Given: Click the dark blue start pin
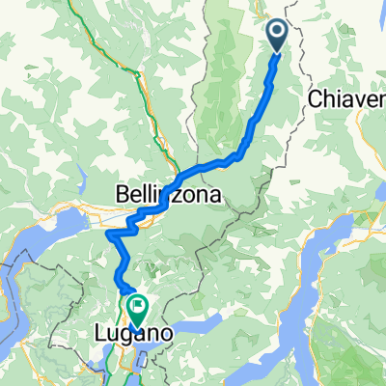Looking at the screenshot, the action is pos(276,37).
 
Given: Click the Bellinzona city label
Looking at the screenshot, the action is pos(170,194).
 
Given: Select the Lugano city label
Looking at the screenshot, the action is pos(128,334).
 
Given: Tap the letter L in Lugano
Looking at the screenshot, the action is pos(101,334).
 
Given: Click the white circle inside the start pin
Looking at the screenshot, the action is pos(276,33).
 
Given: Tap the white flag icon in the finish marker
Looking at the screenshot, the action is pos(136,308).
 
